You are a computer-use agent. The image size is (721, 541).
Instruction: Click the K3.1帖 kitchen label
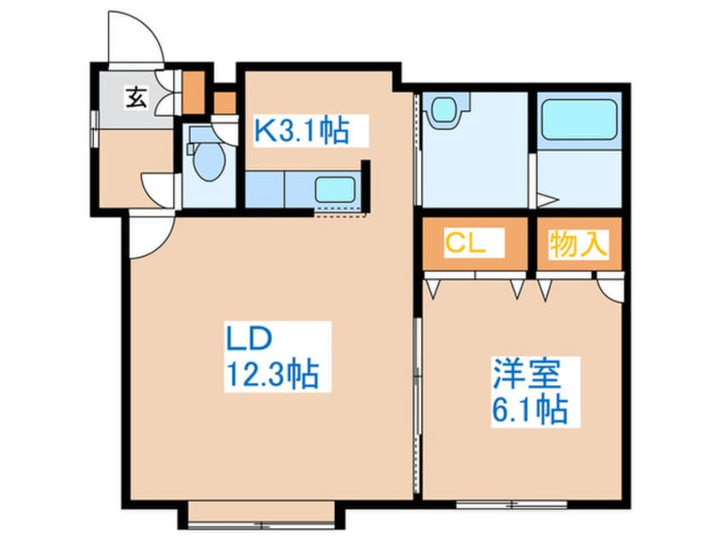tap(303, 131)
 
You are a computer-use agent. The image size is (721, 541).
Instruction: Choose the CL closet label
tap(464, 244)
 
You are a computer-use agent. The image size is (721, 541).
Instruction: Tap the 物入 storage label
tap(579, 245)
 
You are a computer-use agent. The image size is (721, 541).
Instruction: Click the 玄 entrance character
tap(136, 97)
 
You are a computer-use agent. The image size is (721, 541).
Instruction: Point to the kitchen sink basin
tap(334, 189)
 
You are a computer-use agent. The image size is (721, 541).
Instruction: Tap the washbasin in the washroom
tap(443, 111)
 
